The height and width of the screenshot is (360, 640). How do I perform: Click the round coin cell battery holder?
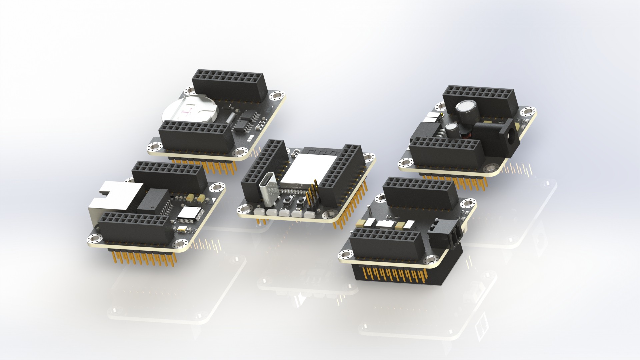tap(189, 110)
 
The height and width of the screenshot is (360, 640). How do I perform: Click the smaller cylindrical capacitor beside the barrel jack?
tap(452, 128)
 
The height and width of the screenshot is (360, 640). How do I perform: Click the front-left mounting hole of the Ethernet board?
tap(92, 238)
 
